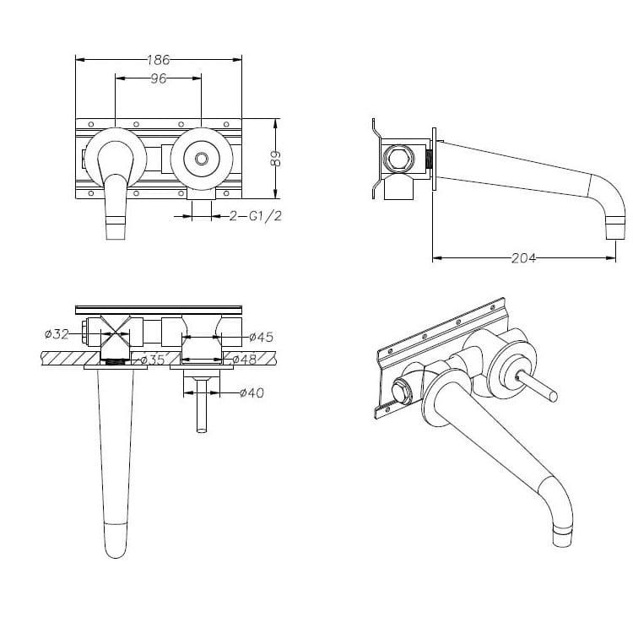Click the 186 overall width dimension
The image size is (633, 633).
pyautogui.click(x=159, y=60)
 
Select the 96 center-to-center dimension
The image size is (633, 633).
pyautogui.click(x=159, y=78)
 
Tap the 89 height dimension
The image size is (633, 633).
pyautogui.click(x=276, y=159)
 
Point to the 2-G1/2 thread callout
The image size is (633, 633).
pyautogui.click(x=255, y=216)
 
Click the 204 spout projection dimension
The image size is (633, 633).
pyautogui.click(x=523, y=257)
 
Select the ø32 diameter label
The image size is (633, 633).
pyautogui.click(x=57, y=334)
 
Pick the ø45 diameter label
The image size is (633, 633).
pyautogui.click(x=261, y=336)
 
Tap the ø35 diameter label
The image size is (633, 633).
pyautogui.click(x=152, y=360)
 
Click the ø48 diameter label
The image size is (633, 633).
pyautogui.click(x=245, y=360)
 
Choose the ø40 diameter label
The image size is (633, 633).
pyautogui.click(x=252, y=392)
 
